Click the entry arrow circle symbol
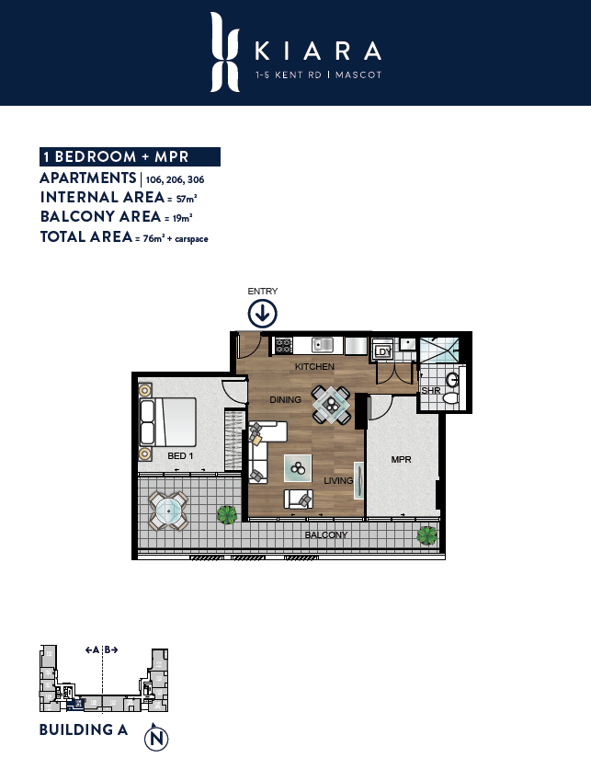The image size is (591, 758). point(262,314)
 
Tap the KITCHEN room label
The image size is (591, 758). point(314,366)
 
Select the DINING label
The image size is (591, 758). point(285,400)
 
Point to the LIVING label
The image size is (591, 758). point(338,480)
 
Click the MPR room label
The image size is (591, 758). point(402,459)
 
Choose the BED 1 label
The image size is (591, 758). point(180,456)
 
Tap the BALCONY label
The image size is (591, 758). point(326,534)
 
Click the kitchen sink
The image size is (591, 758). point(323,345)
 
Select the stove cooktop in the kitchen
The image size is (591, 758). point(283,345)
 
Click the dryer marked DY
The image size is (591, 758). point(383,351)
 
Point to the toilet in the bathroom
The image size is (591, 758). point(450,397)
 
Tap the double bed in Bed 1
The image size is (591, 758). point(168,422)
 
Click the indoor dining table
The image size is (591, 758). point(331,404)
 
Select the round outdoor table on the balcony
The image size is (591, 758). point(168,511)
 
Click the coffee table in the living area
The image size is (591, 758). point(298,468)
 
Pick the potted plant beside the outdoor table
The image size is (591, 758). point(227,515)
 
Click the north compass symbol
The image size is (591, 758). point(156,738)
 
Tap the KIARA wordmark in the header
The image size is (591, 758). point(318,51)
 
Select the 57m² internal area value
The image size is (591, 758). point(187,199)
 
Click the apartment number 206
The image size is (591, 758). point(175,179)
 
